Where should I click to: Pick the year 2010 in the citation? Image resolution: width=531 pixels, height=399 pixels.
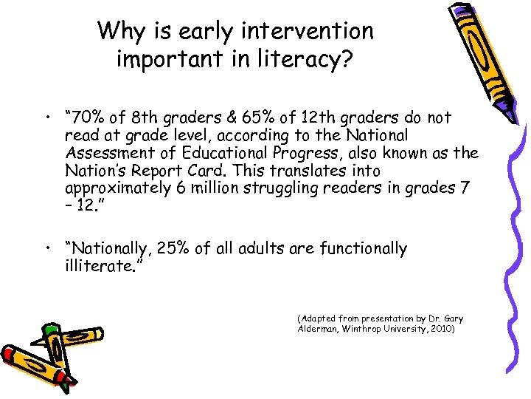click(x=442, y=329)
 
